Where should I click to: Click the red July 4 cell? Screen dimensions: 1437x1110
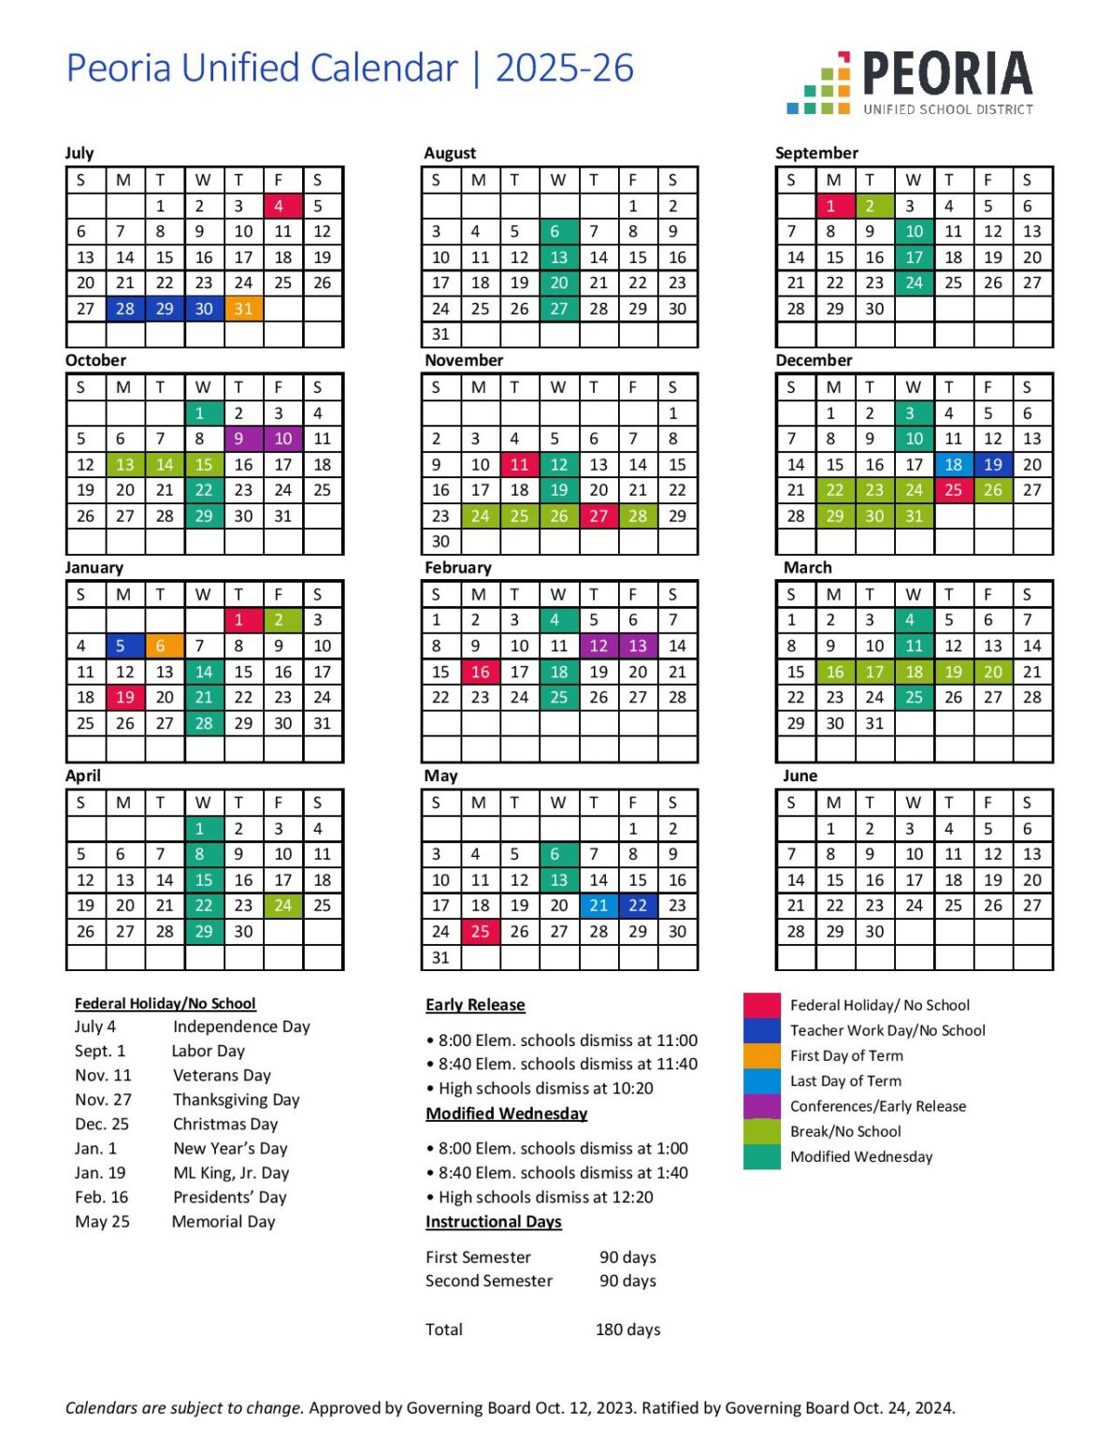pos(279,206)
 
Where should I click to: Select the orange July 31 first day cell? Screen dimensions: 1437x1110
pos(243,309)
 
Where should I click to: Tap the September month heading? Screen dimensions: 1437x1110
pos(816,152)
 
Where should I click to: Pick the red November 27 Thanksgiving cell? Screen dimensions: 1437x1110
pos(598,515)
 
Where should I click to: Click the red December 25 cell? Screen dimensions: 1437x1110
pos(953,489)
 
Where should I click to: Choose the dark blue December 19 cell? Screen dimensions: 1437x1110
pos(993,464)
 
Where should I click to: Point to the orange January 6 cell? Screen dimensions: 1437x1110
pos(161,646)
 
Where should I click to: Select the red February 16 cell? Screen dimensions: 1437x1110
pos(480,672)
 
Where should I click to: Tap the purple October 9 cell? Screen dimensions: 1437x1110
pos(239,438)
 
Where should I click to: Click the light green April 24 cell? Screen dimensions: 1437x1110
pos(282,906)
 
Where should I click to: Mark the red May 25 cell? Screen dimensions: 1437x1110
pos(480,931)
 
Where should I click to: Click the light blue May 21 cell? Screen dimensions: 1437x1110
pos(598,906)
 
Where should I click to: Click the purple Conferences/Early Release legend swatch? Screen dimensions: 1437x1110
pos(761,1106)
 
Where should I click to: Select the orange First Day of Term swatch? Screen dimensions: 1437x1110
pos(761,1055)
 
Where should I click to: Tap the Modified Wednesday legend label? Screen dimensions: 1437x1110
pos(861,1156)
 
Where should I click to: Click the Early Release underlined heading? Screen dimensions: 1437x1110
pos(475,1005)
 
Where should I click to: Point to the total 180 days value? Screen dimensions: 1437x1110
pos(627,1329)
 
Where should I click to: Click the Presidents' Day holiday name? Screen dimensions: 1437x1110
pos(230,1197)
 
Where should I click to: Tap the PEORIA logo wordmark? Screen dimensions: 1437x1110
pos(946,75)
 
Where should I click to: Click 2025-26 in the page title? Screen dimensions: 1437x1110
pos(564,68)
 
